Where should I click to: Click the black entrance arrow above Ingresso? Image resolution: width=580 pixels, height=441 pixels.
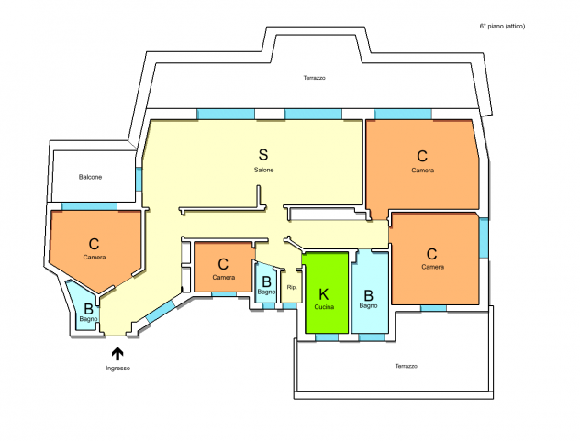click(x=117, y=354)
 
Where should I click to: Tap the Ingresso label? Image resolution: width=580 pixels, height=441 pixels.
click(x=118, y=369)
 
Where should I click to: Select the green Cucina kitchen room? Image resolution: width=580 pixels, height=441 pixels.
click(x=327, y=292)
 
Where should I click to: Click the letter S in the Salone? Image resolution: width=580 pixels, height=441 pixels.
click(x=263, y=155)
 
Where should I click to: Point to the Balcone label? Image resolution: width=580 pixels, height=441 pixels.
click(x=90, y=177)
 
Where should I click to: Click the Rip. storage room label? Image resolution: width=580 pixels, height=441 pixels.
click(x=292, y=287)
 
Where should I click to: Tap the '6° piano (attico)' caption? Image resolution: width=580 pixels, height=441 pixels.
click(x=502, y=26)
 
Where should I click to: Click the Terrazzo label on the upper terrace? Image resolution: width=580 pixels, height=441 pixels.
click(x=315, y=78)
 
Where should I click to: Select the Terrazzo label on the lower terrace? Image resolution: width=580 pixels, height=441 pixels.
click(x=407, y=366)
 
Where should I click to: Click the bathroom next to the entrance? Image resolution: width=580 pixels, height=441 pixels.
click(x=85, y=308)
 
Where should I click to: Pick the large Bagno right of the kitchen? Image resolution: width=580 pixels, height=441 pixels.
click(x=370, y=292)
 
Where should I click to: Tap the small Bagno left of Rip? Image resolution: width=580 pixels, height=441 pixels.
click(x=266, y=282)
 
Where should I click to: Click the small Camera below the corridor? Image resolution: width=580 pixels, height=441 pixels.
click(x=224, y=267)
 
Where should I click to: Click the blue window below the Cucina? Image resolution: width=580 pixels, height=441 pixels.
click(x=327, y=337)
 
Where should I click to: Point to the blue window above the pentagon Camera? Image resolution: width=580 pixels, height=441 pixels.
click(x=89, y=206)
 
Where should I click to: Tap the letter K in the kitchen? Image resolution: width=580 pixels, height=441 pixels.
click(x=323, y=294)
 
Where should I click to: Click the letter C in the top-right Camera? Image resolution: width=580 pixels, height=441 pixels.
click(x=422, y=157)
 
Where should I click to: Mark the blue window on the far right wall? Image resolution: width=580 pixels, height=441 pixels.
click(x=484, y=237)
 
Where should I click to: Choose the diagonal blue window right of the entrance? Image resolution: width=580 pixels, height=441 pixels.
click(x=161, y=311)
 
